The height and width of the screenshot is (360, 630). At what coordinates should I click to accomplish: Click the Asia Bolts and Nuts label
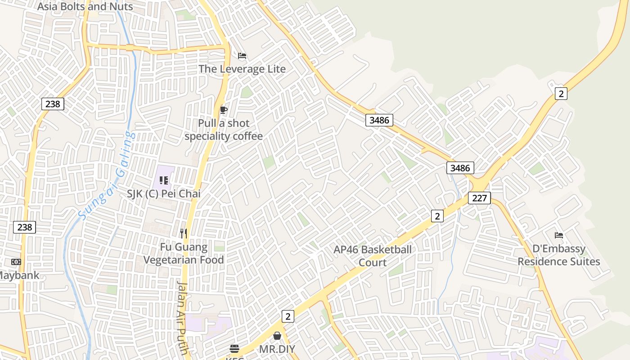[85, 6]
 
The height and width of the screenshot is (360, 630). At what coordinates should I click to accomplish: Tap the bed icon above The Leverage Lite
[242, 56]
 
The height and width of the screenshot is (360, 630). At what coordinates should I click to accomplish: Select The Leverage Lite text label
[242, 69]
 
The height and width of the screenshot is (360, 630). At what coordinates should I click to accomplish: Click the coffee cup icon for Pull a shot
[223, 110]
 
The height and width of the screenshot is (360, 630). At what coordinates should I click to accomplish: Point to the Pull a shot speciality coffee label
[224, 130]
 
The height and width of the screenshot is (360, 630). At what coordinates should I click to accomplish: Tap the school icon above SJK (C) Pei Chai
[164, 180]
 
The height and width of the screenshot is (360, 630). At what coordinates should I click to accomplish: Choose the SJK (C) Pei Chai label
[164, 193]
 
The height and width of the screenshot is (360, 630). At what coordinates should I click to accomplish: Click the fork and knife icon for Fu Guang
[183, 233]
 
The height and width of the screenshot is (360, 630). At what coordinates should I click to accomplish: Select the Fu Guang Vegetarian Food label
[184, 253]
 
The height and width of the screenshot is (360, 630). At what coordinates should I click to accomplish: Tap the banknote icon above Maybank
[16, 261]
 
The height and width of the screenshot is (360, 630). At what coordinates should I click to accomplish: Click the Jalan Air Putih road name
[182, 317]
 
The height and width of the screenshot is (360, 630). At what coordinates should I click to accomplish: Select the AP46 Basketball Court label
[373, 256]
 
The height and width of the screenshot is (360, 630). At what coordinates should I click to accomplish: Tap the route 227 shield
[479, 198]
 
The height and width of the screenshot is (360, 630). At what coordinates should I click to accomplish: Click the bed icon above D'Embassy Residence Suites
[559, 235]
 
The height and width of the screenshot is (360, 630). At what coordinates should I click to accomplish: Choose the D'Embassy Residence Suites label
[559, 255]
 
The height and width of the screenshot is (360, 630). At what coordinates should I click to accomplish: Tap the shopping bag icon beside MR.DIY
[277, 336]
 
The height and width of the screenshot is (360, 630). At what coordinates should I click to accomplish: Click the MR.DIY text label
[277, 349]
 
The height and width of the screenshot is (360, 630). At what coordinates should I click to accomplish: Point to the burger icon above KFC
[234, 348]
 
